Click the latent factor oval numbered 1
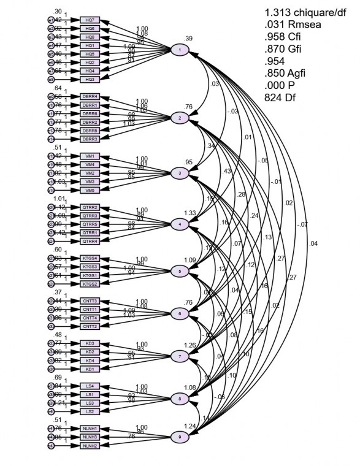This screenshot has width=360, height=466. (179, 50)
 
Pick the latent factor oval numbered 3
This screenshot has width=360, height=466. (179, 173)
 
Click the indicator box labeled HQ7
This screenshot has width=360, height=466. (90, 20)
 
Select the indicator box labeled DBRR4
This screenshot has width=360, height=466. (90, 97)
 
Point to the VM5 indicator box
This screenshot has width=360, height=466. (90, 190)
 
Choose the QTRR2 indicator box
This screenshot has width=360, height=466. (90, 208)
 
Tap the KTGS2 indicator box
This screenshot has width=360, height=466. (90, 284)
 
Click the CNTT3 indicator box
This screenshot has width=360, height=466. (90, 301)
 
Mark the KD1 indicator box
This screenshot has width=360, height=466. (90, 369)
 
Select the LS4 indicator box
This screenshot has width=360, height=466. (90, 386)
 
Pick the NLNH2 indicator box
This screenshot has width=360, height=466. (90, 445)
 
